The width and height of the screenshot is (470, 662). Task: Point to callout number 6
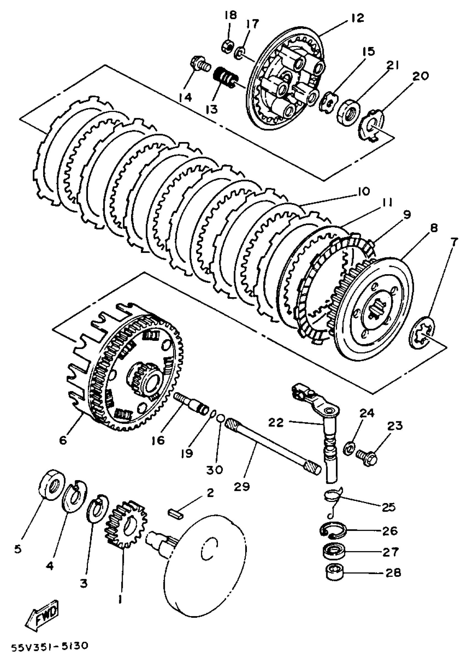pos(63,440)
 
